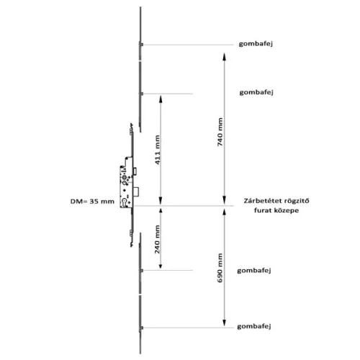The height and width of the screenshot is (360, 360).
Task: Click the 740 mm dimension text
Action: pos(220,132)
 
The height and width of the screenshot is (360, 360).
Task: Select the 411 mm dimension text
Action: pos(157,150)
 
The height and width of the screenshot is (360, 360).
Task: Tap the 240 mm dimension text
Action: pos(157,239)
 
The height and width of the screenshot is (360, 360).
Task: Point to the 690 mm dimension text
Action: pos(220,268)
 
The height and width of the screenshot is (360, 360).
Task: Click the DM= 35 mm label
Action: pos(92,202)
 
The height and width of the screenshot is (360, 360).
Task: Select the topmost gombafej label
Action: pos(256,44)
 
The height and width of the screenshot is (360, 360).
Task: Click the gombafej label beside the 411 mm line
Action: pos(256,92)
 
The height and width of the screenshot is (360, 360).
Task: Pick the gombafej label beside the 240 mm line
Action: pos(254,271)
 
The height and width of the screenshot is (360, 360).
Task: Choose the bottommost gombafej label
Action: pos(254,326)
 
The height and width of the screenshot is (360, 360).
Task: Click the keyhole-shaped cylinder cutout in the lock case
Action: pos(125,203)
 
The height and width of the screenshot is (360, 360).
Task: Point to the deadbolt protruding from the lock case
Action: pos(137,192)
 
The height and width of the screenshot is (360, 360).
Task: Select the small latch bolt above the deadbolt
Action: pos(135,171)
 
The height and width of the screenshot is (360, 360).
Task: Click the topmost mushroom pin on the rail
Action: pos(141,45)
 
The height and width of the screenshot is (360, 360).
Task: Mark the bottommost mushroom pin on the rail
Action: pos(141,328)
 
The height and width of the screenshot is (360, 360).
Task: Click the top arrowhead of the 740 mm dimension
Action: pos(224,57)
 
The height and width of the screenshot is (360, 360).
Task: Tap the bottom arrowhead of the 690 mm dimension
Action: pos(224,323)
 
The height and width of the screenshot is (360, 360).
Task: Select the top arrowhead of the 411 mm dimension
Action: pos(161,99)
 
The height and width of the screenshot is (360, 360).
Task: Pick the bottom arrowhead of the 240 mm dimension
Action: pos(161,265)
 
